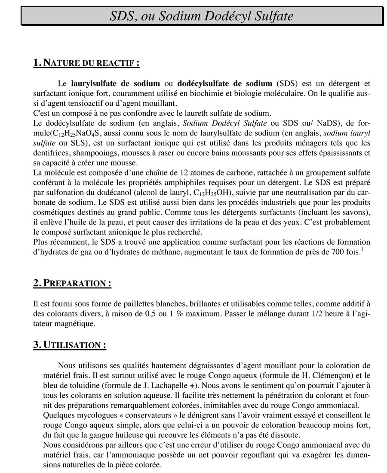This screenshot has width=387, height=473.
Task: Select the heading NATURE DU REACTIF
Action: pos(86,63)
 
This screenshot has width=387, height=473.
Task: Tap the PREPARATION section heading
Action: pos(72,283)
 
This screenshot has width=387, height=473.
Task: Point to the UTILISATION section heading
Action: pos(70,345)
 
